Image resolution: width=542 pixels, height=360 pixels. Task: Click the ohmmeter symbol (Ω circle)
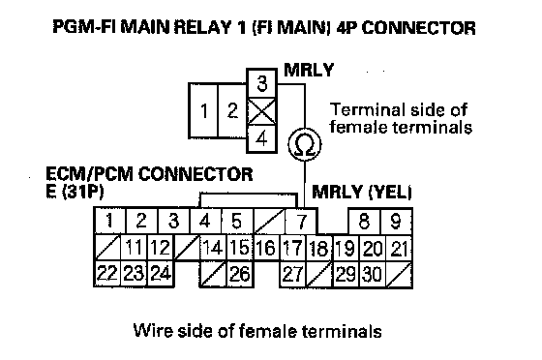[x=305, y=145]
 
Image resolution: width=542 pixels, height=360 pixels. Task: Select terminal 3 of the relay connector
[x=261, y=83]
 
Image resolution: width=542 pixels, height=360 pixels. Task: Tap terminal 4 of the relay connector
[x=261, y=139]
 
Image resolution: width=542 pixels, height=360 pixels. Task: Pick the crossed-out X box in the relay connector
[x=261, y=111]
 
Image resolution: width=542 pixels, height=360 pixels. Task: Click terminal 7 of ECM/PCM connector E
[x=301, y=221]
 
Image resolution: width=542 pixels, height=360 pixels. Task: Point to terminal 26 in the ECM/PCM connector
[x=240, y=274]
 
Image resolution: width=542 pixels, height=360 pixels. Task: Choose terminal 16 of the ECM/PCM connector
[x=266, y=248]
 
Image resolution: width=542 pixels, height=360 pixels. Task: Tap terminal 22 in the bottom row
[x=107, y=274]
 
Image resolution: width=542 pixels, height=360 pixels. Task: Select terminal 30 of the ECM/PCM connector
[x=373, y=274]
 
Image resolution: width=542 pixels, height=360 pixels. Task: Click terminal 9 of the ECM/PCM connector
[x=396, y=221]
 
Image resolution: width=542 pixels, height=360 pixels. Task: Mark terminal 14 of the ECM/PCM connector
[x=213, y=248]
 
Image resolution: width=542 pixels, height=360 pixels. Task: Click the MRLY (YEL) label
[x=362, y=192]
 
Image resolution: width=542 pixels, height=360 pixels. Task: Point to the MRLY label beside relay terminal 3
[x=309, y=70]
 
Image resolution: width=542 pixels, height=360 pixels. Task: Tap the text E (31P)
[x=75, y=192]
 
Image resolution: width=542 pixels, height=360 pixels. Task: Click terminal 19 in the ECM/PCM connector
[x=346, y=248]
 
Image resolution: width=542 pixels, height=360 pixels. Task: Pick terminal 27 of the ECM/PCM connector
[x=292, y=274]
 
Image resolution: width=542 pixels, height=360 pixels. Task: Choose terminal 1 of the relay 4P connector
[x=203, y=110]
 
